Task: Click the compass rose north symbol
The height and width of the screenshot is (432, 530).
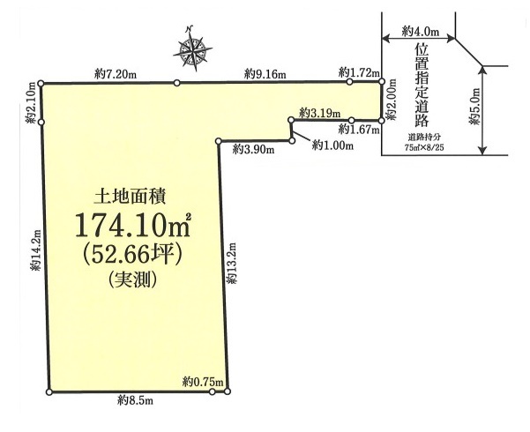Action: pos(192,49)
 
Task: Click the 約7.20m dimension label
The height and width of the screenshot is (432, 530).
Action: pos(116,74)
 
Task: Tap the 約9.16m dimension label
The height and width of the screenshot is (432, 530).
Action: pos(265,74)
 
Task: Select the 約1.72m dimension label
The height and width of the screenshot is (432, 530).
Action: pos(359,71)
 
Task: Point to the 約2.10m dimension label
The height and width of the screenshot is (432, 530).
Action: pos(32,102)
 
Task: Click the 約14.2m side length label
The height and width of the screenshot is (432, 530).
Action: pos(36,250)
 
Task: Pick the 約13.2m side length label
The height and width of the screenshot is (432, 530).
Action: pos(232,263)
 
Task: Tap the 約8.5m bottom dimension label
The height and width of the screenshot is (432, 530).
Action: pos(135,400)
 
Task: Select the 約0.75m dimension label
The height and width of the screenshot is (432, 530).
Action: pos(203,382)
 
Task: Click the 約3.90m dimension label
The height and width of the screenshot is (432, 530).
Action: pos(253,149)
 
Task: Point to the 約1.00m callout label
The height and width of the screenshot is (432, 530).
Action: pos(333,145)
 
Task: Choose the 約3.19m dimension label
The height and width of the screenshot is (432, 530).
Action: pos(320,113)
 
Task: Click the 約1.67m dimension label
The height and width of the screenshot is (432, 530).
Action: pos(359,129)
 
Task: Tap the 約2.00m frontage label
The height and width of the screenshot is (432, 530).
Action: pos(392,100)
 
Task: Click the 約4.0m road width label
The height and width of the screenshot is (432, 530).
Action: pos(421,32)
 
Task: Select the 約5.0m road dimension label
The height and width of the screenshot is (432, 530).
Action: pos(474,106)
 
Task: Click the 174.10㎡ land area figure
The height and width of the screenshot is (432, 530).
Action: pos(133,225)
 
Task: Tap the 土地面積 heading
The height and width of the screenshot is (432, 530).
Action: pos(130,197)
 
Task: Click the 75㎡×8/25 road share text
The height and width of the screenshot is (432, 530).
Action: pos(424,148)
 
